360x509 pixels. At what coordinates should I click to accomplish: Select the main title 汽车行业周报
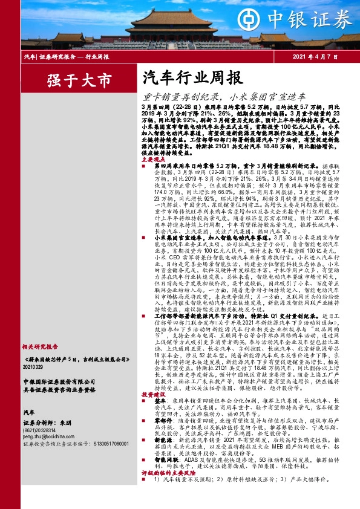pos(178,77)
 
